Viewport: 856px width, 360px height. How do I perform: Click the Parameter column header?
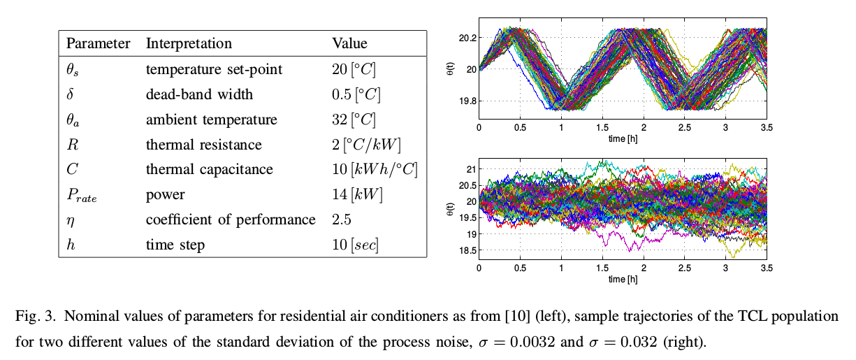click(98, 43)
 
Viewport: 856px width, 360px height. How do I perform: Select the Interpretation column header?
click(189, 43)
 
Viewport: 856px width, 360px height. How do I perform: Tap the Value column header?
click(349, 43)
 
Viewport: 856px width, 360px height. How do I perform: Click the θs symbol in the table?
click(74, 70)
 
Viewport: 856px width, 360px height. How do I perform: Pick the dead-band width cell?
click(199, 94)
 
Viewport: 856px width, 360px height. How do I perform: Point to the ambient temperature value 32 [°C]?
click(354, 120)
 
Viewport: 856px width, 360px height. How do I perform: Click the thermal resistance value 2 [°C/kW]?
click(368, 145)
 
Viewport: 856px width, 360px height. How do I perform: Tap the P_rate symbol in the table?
click(82, 196)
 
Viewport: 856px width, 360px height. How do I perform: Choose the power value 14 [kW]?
click(358, 195)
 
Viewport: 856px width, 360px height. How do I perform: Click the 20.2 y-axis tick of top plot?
click(467, 37)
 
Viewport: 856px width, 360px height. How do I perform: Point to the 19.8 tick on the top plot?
click(467, 101)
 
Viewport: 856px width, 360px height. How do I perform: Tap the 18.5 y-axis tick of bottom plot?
click(467, 250)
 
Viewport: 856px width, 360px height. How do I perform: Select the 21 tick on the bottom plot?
click(470, 169)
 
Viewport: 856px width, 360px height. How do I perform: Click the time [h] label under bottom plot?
click(622, 280)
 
